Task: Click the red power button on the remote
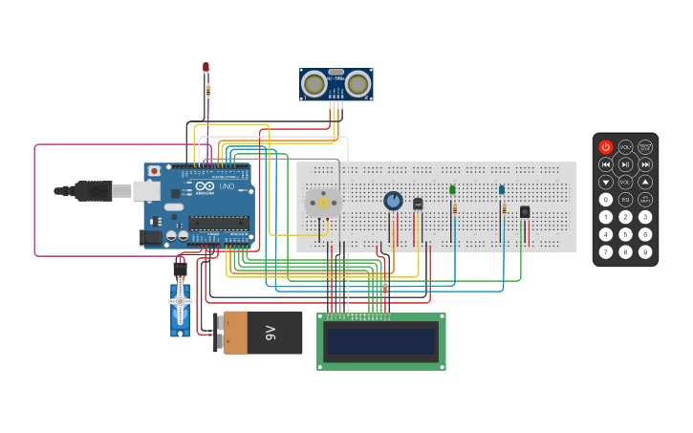coord(605,147)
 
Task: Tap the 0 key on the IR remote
coord(605,200)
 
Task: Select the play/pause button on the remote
coord(625,164)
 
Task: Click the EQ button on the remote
coord(625,200)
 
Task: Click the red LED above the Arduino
coord(206,67)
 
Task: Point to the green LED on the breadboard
coord(452,189)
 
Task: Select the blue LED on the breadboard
coord(501,189)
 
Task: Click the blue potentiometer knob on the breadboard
coord(393,201)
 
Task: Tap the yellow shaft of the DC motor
coord(322,203)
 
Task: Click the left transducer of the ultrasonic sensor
coord(314,85)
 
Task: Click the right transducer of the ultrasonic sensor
coord(358,85)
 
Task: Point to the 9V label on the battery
coord(271,333)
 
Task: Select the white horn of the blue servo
coord(180,302)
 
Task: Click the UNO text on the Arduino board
coord(227,186)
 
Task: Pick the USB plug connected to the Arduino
coord(96,191)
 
